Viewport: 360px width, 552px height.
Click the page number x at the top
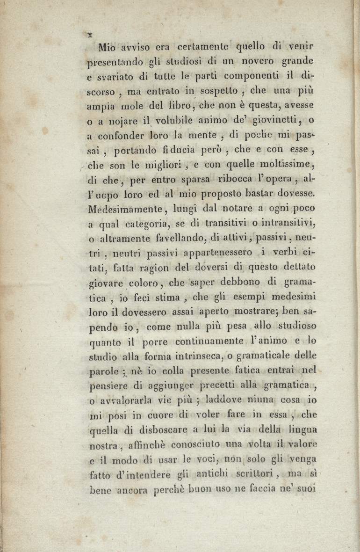tap(89, 34)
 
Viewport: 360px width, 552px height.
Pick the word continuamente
tap(209, 341)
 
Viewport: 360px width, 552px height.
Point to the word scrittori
tap(257, 474)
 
